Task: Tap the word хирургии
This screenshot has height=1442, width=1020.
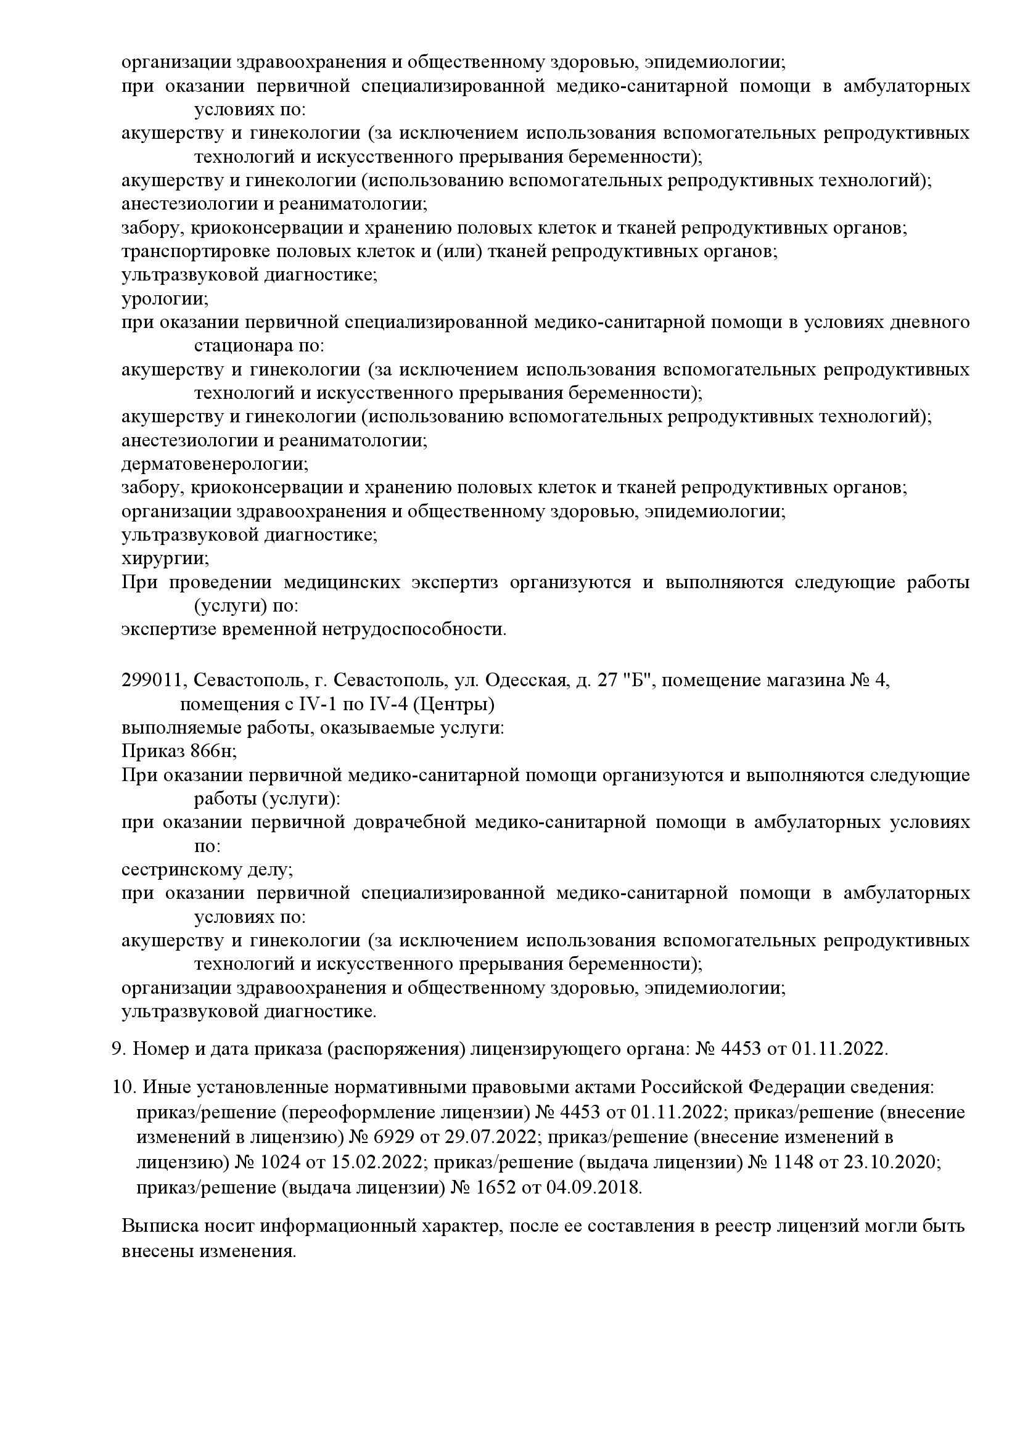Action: click(165, 559)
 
